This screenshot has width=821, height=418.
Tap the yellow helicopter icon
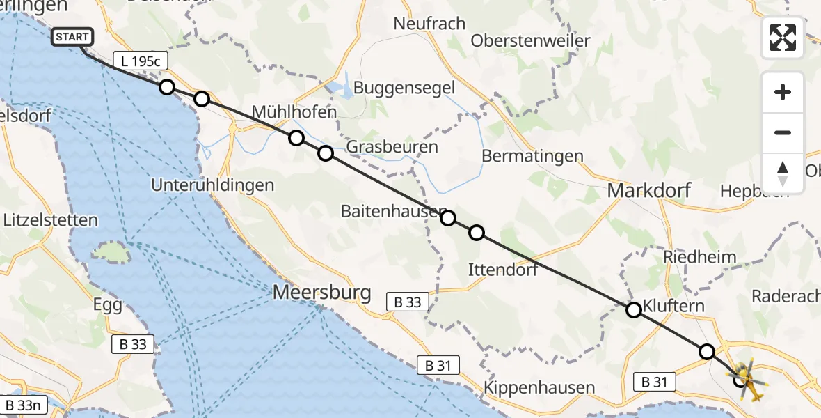(748, 380)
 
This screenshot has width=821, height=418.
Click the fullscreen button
(783, 38)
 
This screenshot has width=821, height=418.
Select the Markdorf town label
(648, 190)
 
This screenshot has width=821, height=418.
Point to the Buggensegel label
(404, 88)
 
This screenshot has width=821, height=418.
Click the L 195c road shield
(140, 61)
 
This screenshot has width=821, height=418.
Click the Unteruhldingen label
(214, 185)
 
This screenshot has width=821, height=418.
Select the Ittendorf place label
(503, 270)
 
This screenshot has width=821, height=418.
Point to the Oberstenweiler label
(530, 40)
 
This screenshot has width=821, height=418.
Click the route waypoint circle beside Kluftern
(634, 310)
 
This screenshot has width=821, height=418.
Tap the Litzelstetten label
(50, 220)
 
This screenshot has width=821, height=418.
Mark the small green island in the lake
(111, 252)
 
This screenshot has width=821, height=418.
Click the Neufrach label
(429, 23)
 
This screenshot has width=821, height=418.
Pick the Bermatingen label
(532, 155)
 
